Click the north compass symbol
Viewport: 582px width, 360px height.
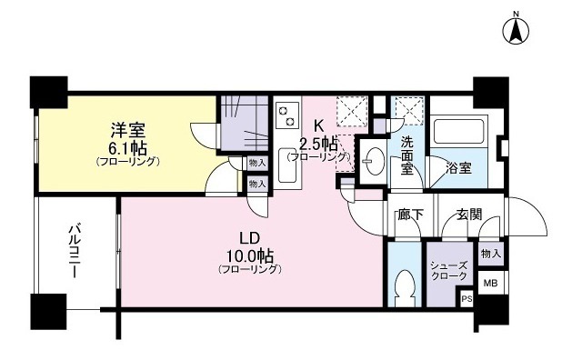click(x=517, y=29)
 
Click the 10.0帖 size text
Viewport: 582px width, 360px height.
click(x=249, y=255)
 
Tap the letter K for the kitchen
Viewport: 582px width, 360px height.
click(x=318, y=125)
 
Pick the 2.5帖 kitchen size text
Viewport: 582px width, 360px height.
click(x=318, y=143)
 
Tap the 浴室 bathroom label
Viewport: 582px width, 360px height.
click(x=457, y=167)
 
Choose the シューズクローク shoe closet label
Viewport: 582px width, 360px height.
click(x=448, y=268)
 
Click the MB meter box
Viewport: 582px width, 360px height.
click(x=490, y=284)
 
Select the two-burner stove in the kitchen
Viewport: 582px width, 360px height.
click(x=288, y=115)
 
